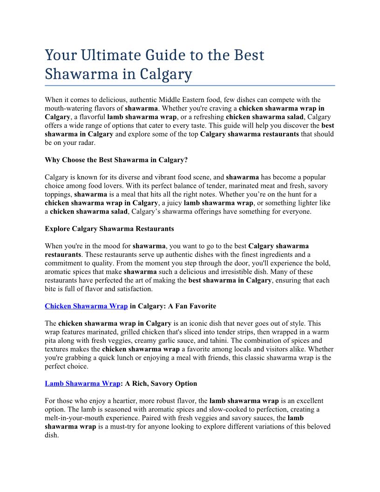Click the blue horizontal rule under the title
(190, 86)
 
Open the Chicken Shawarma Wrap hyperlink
(86, 306)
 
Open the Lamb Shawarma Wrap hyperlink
(82, 383)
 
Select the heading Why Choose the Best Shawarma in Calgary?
(116, 160)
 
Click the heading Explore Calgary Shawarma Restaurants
(109, 229)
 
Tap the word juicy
(172, 203)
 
